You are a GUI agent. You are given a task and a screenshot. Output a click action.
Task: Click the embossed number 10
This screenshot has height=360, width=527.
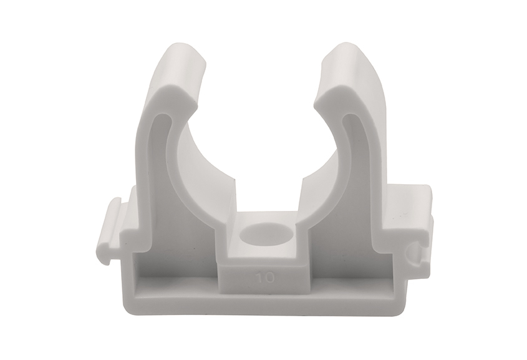point(265,278)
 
